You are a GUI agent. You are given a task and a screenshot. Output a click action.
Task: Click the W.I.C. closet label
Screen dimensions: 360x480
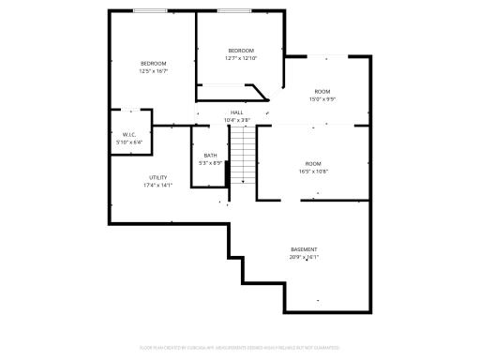(x=129, y=135)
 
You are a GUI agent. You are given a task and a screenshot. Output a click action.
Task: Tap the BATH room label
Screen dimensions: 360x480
(x=210, y=156)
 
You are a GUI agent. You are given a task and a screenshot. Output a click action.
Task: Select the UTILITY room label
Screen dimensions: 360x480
(x=157, y=177)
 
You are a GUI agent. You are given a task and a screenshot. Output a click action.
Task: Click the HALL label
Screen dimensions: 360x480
(x=236, y=112)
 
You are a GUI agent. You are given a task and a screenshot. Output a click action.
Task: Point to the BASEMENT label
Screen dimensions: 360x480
(x=304, y=249)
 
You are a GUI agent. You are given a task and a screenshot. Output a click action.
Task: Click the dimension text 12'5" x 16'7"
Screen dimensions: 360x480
(x=153, y=71)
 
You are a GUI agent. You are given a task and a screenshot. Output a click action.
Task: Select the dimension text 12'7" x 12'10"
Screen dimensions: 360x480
(x=241, y=58)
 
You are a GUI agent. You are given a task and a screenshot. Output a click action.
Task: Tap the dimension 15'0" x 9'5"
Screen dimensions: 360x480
(x=322, y=98)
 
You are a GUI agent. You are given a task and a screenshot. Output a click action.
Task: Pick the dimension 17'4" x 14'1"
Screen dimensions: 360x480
(x=157, y=185)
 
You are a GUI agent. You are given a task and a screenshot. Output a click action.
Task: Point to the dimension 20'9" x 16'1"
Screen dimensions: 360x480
(x=304, y=257)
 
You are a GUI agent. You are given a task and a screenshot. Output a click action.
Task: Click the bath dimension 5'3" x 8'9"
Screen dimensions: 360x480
(x=210, y=163)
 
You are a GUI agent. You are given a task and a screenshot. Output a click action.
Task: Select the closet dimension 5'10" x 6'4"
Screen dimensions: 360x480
(x=129, y=142)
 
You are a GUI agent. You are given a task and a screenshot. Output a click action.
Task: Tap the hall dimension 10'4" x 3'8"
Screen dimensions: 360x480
(x=236, y=120)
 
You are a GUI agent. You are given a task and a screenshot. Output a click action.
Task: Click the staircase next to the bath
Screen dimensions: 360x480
(x=243, y=155)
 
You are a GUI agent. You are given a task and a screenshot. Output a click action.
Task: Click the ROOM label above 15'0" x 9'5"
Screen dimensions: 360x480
(x=322, y=91)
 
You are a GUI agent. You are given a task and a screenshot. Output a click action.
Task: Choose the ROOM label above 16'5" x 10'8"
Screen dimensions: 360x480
(x=313, y=164)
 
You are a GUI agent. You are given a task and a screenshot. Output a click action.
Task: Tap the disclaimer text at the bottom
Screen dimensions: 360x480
(x=240, y=348)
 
